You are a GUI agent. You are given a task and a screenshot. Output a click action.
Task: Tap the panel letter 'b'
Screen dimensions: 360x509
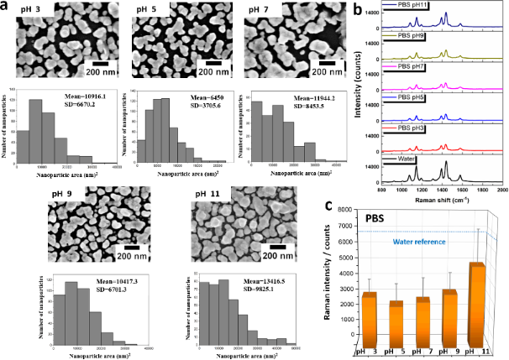click(359, 8)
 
